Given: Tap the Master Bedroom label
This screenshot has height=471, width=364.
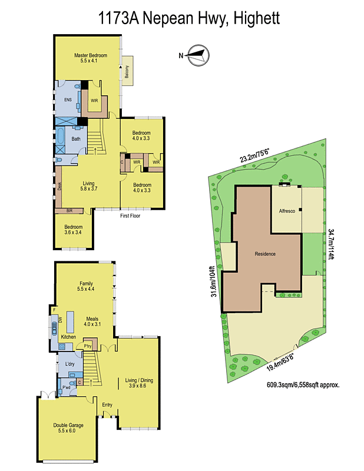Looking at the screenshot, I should coord(90,58).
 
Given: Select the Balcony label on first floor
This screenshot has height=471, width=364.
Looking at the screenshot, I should coord(127,72).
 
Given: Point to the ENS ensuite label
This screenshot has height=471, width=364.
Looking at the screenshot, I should coord(68,100).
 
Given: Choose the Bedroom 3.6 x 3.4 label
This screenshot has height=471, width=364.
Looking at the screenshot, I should coord(74,230).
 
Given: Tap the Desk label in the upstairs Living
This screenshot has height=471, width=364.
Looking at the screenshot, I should coord(59,186).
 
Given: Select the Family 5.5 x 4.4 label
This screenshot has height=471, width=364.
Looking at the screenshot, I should coord(86,286).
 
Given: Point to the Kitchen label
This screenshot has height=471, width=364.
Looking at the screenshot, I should coord(68,336).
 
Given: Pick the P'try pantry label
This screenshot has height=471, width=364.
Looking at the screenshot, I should coord(89,346).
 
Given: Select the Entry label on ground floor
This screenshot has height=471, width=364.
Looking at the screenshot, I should coord(107,404).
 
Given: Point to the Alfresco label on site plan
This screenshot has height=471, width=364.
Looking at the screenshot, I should coord(287,210).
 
